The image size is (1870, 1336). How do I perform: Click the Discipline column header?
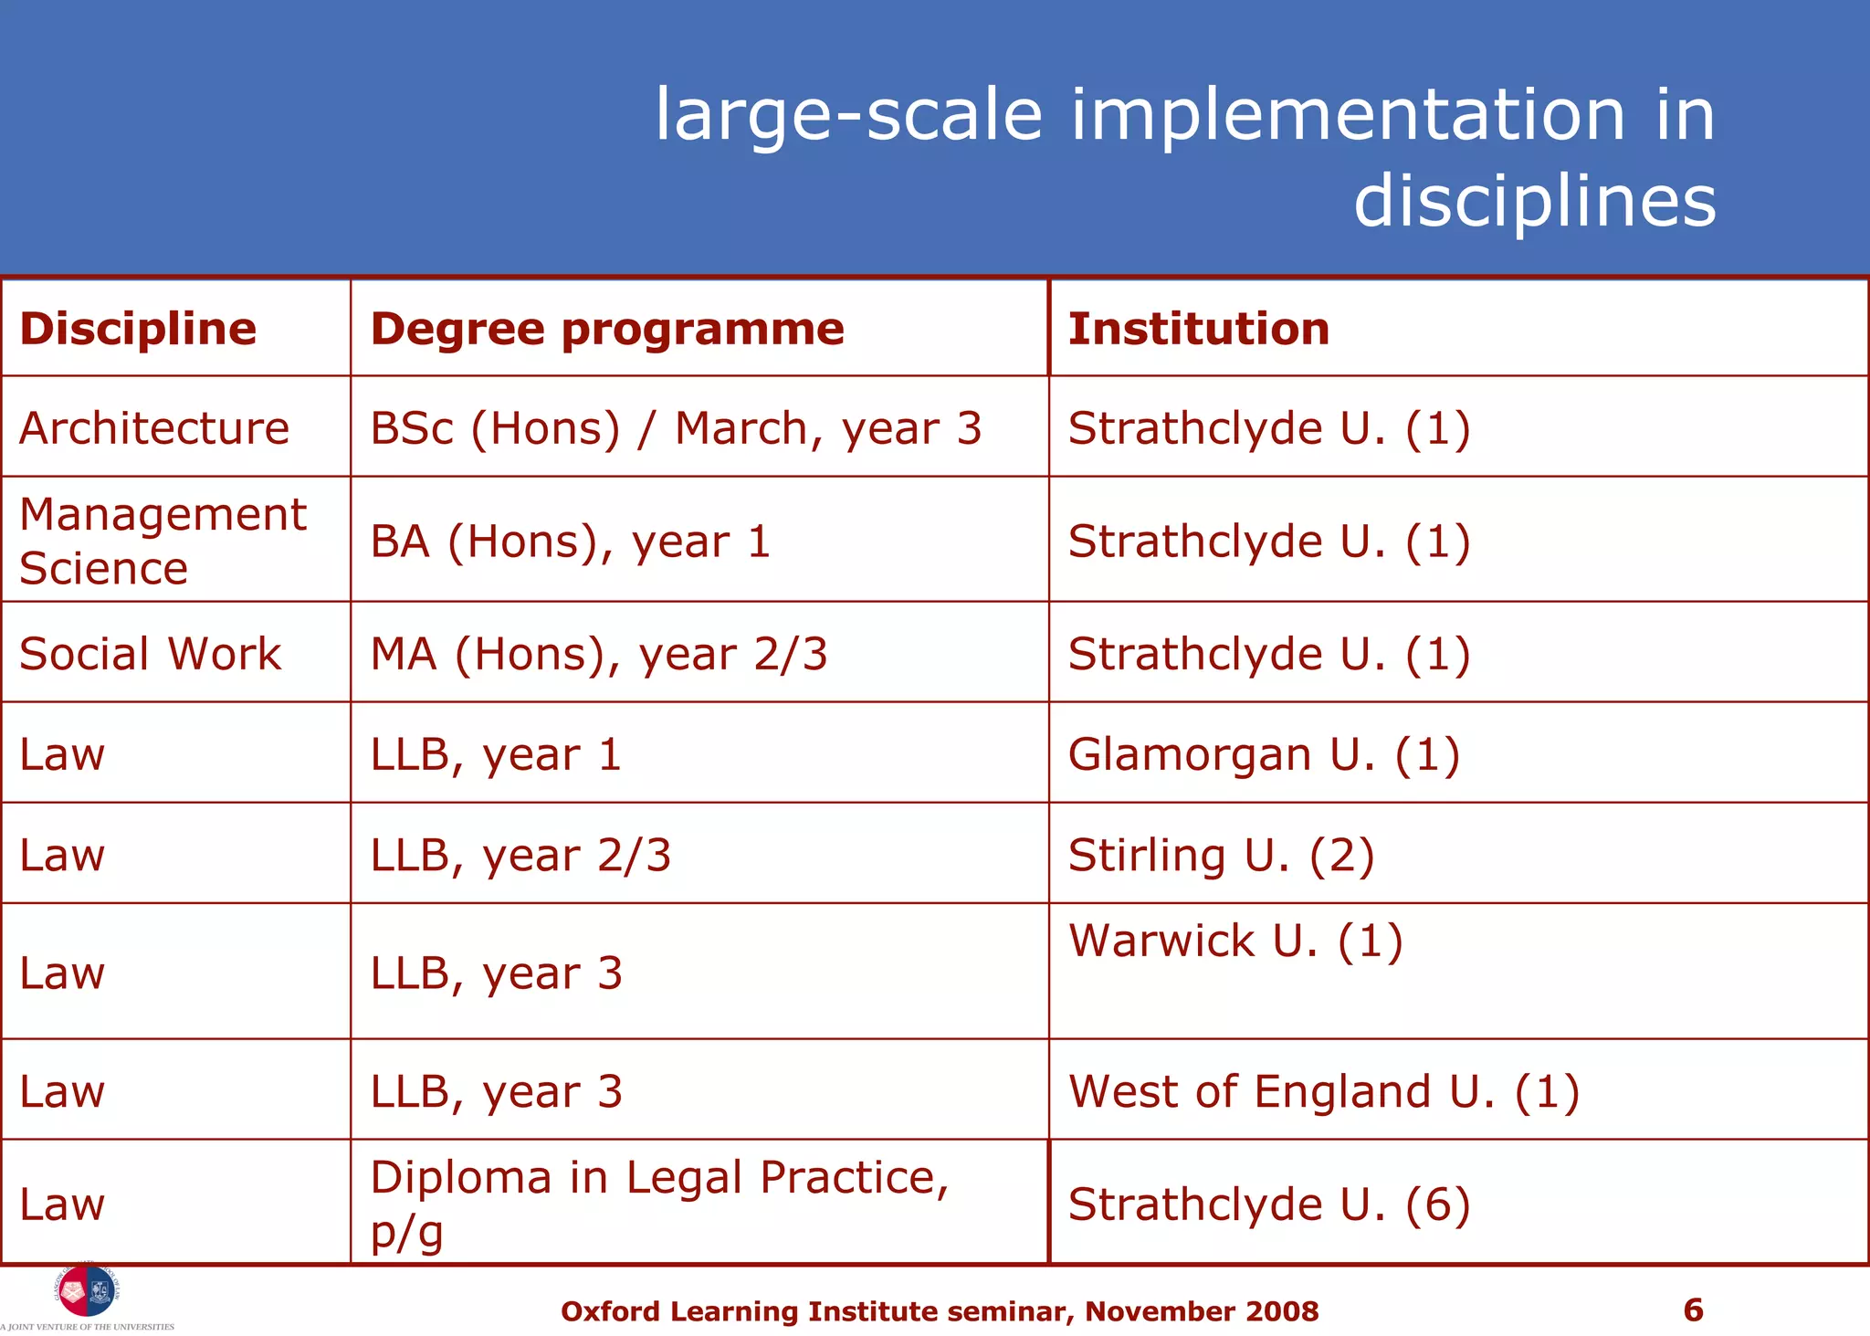click(x=138, y=329)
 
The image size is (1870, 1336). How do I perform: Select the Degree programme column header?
click(x=607, y=329)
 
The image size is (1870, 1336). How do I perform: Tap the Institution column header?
click(x=1198, y=329)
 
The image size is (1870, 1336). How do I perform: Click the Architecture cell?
click(x=154, y=428)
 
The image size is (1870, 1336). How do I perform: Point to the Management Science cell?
click(x=163, y=541)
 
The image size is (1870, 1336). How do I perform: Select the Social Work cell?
click(x=151, y=654)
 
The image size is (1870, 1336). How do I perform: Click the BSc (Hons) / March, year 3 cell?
click(x=676, y=428)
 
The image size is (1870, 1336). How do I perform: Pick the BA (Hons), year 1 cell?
click(x=571, y=542)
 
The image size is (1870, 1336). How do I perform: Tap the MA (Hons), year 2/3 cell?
click(x=599, y=654)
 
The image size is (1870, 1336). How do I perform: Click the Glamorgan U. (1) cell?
click(x=1264, y=754)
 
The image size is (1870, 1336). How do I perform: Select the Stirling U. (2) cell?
click(x=1221, y=856)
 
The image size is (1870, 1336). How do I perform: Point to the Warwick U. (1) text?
click(x=1234, y=941)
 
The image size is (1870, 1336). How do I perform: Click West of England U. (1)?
click(x=1323, y=1091)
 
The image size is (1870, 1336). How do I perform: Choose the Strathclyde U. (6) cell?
click(x=1268, y=1205)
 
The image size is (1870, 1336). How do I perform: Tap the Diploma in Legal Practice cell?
click(x=659, y=1203)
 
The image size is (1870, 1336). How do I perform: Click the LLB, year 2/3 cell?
click(x=520, y=856)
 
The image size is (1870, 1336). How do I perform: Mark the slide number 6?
click(x=1693, y=1310)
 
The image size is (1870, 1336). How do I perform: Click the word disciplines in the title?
click(x=1534, y=201)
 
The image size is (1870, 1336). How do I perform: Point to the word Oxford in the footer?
click(x=610, y=1311)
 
